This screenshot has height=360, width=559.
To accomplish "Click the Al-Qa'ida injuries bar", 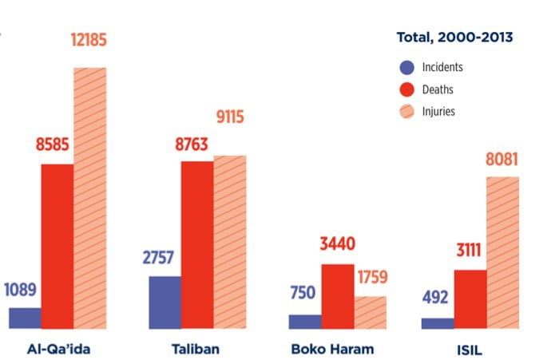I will click(89, 198).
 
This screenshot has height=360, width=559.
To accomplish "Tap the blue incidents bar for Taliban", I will click(165, 302).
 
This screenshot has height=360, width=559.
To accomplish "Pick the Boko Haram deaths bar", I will click(337, 296).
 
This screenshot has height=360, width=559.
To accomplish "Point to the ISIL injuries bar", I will click(502, 252).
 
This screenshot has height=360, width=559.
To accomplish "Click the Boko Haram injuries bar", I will click(370, 312).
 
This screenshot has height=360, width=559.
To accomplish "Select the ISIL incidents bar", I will click(437, 323).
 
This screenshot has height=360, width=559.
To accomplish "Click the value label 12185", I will click(89, 39).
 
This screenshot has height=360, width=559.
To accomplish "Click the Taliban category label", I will click(196, 349).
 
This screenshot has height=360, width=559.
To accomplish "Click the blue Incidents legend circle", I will click(406, 68).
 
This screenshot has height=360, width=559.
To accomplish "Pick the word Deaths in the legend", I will click(438, 89).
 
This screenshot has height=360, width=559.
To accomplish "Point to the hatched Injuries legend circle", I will click(406, 111).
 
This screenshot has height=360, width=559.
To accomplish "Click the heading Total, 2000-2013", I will click(454, 37).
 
